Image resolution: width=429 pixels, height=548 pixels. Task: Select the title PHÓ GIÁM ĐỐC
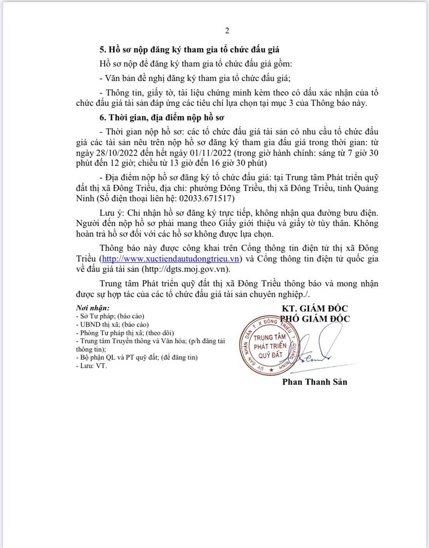pos(314,318)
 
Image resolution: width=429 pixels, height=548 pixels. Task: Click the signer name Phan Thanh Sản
pos(314,382)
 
